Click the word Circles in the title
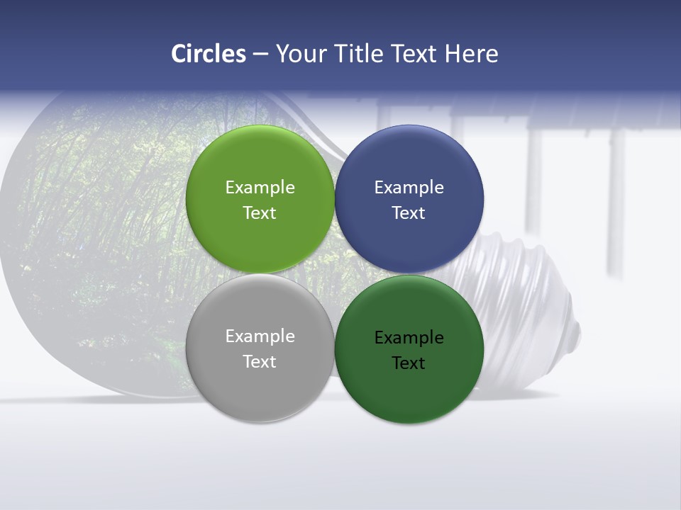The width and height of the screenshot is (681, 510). (208, 54)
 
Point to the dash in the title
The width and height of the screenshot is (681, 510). (260, 55)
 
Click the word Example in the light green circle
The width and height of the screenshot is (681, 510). (260, 187)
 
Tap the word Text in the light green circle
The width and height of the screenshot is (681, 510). (260, 212)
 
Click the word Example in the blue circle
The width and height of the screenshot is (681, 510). (409, 187)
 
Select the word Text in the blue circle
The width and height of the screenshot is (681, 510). (409, 212)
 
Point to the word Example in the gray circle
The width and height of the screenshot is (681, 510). (260, 336)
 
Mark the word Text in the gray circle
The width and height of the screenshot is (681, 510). (260, 361)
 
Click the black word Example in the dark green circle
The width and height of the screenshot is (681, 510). (409, 337)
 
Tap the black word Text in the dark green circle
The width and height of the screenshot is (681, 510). (409, 363)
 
